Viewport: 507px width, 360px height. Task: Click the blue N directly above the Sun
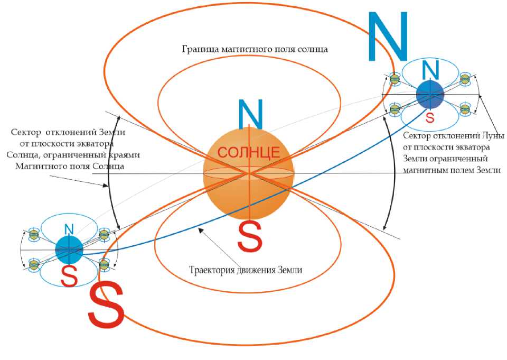point(248,112)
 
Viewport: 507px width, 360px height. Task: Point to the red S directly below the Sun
point(249,236)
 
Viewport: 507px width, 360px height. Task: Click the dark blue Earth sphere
point(430,95)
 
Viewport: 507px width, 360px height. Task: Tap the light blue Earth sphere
point(69,250)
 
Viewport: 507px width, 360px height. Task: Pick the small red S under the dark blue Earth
point(430,117)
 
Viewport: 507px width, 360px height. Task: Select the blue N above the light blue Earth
point(69,229)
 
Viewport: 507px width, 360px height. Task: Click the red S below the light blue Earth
point(69,275)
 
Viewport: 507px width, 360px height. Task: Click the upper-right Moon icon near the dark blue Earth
point(465,79)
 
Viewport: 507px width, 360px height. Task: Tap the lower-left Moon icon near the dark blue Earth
point(395,109)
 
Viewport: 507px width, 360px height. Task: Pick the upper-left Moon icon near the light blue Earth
point(34,233)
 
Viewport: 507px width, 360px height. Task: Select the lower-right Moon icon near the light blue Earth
point(104,262)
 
